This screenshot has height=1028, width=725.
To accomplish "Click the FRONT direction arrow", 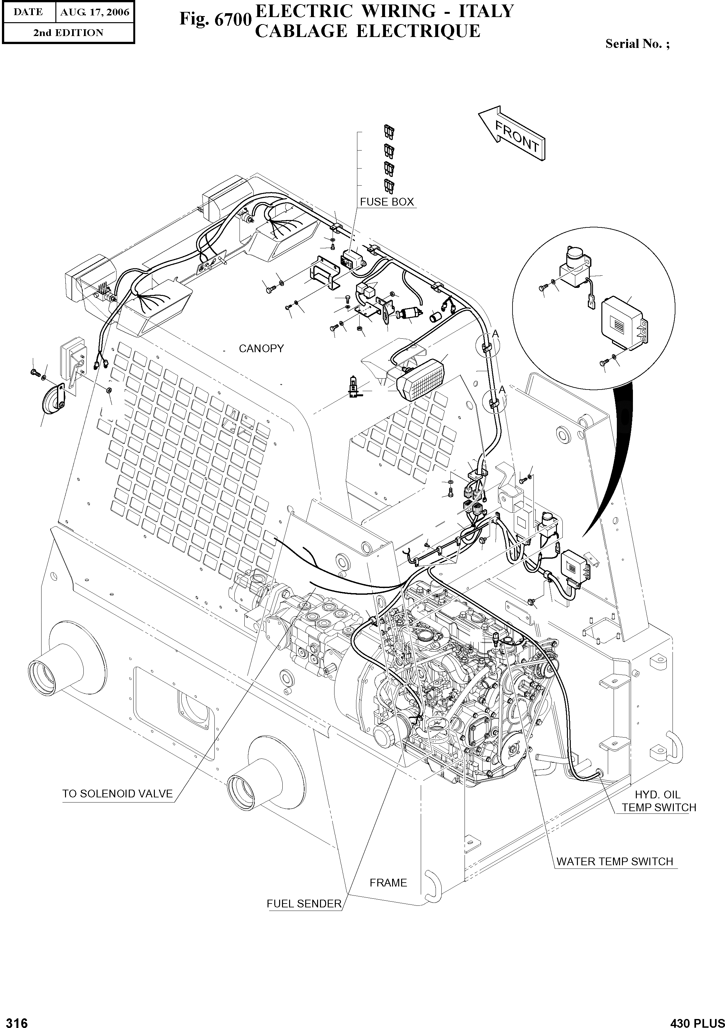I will [513, 133].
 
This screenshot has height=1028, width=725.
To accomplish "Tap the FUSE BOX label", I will [387, 202].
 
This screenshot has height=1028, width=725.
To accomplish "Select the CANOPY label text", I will [261, 348].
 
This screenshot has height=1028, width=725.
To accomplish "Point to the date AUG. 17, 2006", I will [95, 12].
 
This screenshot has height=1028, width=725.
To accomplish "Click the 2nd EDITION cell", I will [68, 33].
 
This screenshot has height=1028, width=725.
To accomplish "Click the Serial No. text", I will [637, 44].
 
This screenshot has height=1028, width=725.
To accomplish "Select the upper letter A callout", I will [495, 334].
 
